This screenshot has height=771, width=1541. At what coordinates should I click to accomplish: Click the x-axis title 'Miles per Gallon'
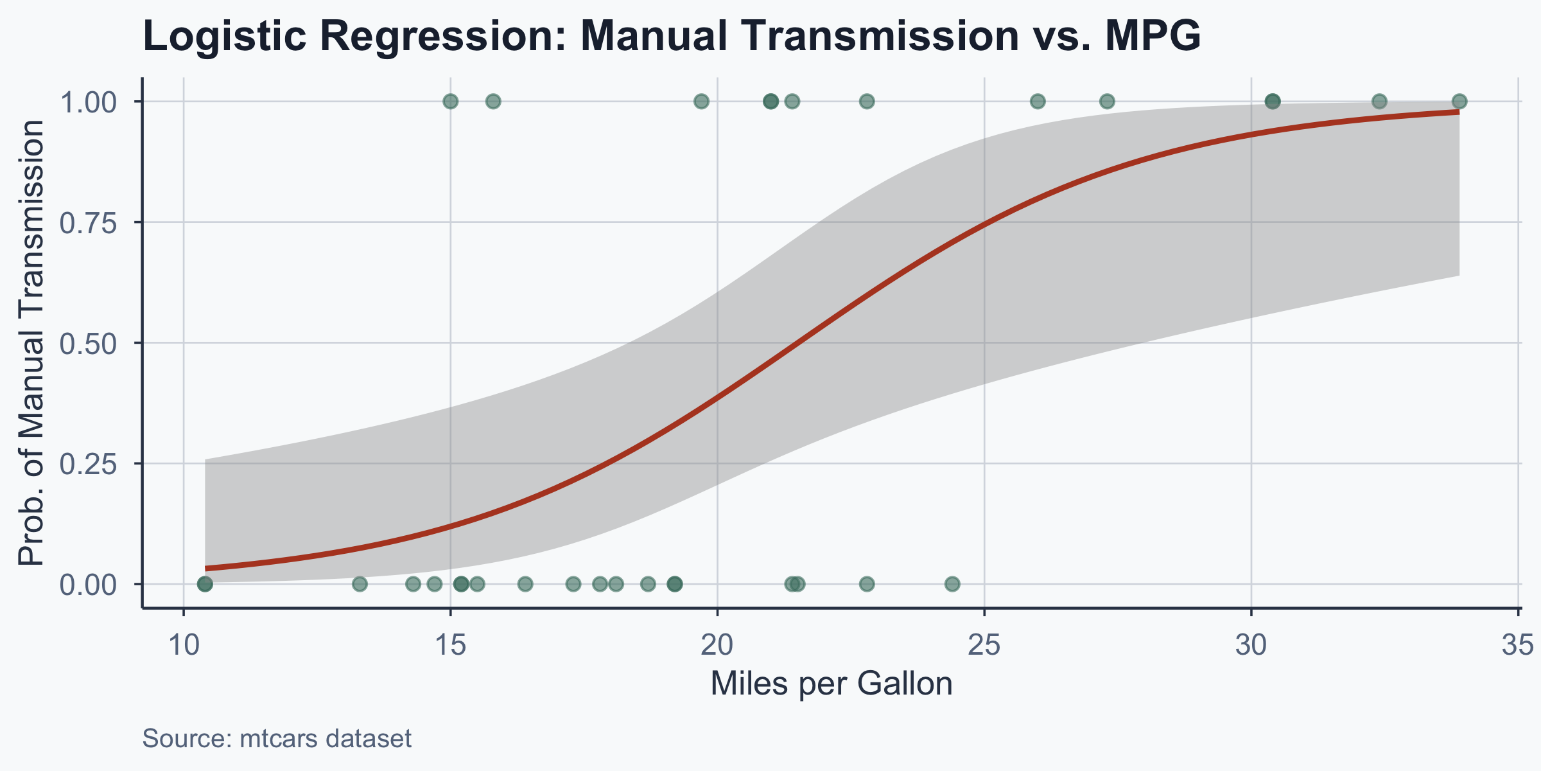(831, 684)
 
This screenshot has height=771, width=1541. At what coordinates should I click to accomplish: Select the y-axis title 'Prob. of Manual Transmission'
(31, 342)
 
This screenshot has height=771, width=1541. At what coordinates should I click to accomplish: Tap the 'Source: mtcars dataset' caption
(277, 739)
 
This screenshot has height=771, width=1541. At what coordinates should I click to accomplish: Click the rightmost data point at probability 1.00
(1459, 101)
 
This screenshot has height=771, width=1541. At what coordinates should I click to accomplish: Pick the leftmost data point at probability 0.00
(205, 584)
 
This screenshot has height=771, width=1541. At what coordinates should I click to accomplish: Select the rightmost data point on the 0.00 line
(952, 584)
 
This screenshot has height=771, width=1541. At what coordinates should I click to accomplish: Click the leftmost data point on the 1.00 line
(451, 101)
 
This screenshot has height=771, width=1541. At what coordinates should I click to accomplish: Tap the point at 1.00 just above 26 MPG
(1038, 101)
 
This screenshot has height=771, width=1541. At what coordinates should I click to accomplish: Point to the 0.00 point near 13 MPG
(360, 584)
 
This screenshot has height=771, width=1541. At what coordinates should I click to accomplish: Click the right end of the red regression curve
(1458, 112)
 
